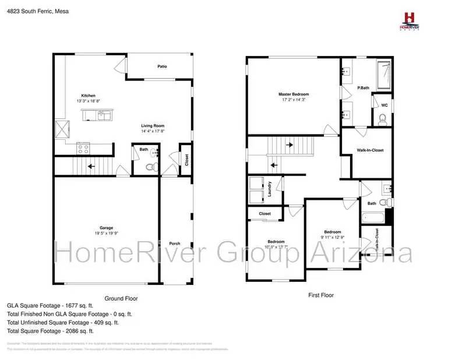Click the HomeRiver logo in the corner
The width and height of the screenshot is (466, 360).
point(412,21)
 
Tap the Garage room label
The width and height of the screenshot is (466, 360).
point(106,228)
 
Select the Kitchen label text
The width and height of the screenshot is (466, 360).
point(88,96)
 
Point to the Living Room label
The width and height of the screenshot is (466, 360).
point(153,126)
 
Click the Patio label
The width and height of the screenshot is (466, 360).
point(162,66)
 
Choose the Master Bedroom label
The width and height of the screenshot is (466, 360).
point(293,94)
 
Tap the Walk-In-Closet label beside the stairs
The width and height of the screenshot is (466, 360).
point(370,150)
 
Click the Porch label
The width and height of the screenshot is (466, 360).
point(174,243)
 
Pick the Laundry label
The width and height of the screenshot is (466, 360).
point(270,190)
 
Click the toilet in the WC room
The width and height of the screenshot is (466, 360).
point(382,120)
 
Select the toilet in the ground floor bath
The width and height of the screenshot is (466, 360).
point(150,167)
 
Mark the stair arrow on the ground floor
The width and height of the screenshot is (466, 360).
point(90,165)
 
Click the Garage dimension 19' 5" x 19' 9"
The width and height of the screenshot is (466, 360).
point(106,234)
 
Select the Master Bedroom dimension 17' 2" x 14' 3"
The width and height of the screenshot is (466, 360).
point(293,100)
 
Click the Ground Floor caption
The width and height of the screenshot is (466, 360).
point(121,298)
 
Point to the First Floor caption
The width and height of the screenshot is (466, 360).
point(320,295)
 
